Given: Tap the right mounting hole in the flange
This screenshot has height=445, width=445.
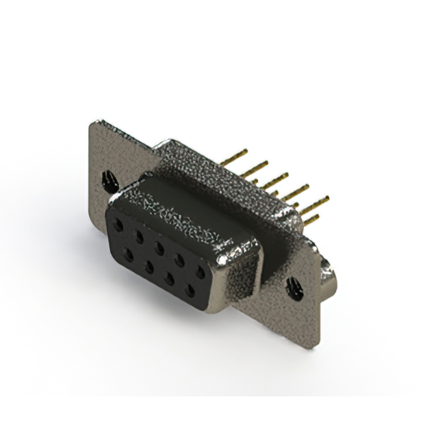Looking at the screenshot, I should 296,285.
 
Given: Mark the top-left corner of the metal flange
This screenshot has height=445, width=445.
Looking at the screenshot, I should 92,124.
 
